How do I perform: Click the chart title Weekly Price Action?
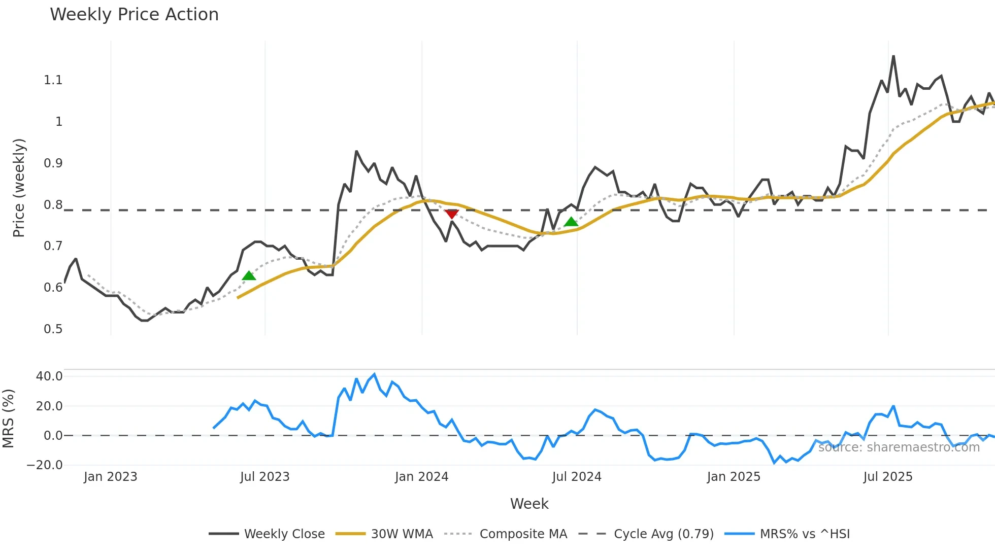tap(134, 15)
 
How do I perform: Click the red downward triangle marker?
tap(451, 214)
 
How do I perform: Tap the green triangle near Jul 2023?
tap(249, 275)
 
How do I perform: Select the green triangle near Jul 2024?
tap(571, 221)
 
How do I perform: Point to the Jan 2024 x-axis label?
tap(421, 477)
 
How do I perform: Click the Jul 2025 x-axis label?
tap(888, 477)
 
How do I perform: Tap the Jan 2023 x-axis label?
tap(110, 477)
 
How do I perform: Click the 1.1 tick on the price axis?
tap(53, 80)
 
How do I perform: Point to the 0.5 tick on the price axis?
tap(53, 329)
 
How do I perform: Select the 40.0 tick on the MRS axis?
tap(49, 376)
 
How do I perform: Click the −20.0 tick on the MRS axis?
tap(45, 465)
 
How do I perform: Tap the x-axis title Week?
tap(529, 504)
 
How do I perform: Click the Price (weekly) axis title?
tap(19, 188)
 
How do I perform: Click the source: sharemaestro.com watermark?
tap(899, 447)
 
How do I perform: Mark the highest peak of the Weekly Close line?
tap(893, 56)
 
